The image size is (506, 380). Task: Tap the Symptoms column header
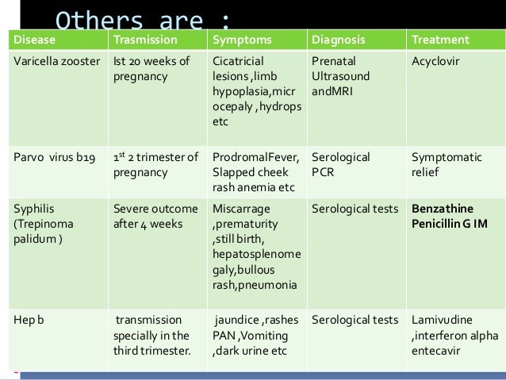tap(241, 40)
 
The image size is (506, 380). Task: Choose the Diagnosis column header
tap(339, 40)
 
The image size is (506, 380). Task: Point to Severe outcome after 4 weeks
tap(155, 217)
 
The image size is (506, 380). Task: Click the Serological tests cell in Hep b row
tap(355, 321)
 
